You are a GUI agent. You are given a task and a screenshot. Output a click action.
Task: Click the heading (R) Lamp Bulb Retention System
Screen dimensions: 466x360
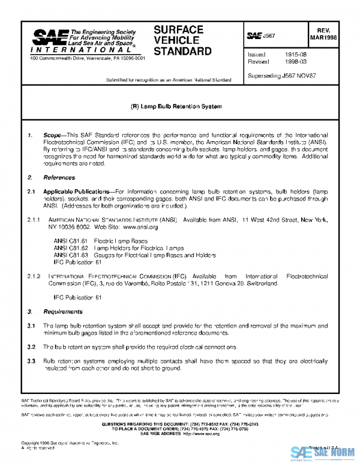tap(168, 106)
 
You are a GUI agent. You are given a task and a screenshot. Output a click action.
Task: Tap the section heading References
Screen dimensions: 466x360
tap(59, 178)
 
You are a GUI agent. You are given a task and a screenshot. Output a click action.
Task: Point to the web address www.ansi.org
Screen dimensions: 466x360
tap(140, 228)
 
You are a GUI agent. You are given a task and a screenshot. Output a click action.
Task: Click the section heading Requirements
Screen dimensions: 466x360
tap(63, 312)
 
